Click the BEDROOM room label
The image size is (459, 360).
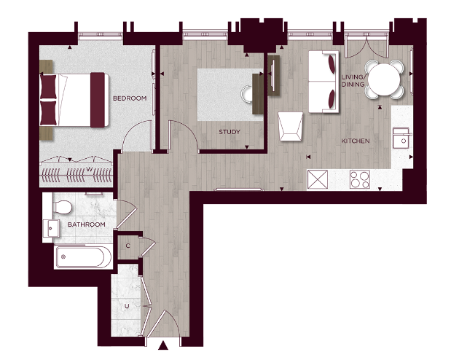click(x=130, y=98)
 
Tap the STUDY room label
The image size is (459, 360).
click(x=229, y=132)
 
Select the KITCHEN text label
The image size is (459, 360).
click(x=355, y=141)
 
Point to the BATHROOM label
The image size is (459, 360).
click(x=86, y=224)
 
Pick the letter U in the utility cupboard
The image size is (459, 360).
click(x=127, y=306)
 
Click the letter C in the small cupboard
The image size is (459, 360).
click(x=127, y=246)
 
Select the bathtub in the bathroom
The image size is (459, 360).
click(x=84, y=257)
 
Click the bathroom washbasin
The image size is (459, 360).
click(x=52, y=228)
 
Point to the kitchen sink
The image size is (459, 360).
click(x=401, y=138)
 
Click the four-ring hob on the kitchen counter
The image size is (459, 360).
click(x=360, y=179)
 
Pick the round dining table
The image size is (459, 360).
click(x=384, y=79)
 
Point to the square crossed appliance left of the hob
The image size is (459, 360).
click(x=318, y=179)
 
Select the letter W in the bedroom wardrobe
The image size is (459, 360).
click(x=89, y=169)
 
